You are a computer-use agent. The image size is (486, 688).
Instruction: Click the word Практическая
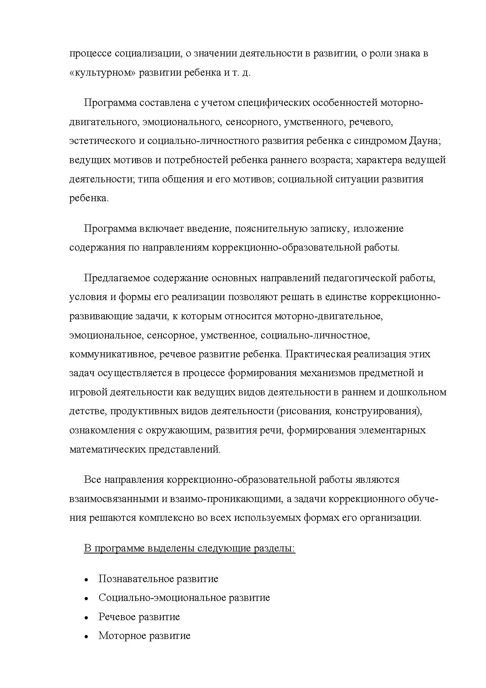[318, 354]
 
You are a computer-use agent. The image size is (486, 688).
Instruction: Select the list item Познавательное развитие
[158, 579]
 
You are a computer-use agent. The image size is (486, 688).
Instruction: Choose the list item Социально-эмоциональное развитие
[184, 598]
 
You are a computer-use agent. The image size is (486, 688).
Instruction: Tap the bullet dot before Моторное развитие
[86, 637]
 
